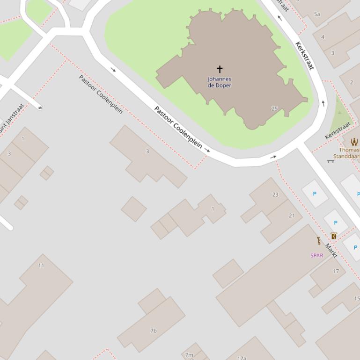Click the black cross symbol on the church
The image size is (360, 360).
pos(219,69)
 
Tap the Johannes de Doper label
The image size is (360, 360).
pos(220,82)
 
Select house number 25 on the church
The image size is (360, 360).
pos(274,108)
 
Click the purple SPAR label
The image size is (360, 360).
pos(317,255)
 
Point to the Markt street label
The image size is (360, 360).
pos(331,251)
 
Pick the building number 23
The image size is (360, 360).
pos(275,194)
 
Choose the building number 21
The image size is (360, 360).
pos(292,216)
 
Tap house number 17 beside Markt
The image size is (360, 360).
pos(336,271)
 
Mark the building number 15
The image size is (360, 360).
pos(357,298)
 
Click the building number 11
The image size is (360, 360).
pos(41,265)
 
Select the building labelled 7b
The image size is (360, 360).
pos(153,331)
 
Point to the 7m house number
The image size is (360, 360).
pos(189,355)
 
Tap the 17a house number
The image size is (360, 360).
pos(242,358)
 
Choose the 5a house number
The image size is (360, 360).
pos(317,14)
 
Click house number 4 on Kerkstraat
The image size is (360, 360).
pos(323,37)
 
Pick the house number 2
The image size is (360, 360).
pos(352,82)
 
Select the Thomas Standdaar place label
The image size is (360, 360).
pos(347,153)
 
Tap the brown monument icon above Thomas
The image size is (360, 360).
pos(354,141)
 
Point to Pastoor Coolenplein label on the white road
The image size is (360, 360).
pos(178,128)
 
